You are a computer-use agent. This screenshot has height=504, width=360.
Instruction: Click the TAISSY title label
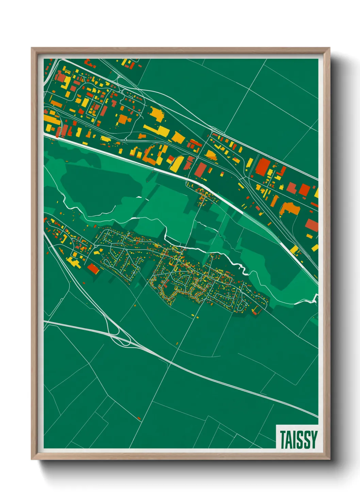pos(298,439)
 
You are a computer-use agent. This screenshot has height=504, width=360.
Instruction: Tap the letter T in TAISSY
pos(283,440)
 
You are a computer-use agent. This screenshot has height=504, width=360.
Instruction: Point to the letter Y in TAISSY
pos(313,440)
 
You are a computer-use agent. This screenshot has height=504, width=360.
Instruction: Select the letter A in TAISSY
pos(289,440)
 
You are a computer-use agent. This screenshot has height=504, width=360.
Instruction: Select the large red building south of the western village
pos(93,269)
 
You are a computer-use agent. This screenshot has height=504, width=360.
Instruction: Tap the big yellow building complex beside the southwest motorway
pos(72,262)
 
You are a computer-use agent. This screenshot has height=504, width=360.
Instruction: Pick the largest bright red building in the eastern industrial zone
pos(262,167)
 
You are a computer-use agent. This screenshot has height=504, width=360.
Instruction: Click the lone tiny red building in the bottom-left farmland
pos(139,418)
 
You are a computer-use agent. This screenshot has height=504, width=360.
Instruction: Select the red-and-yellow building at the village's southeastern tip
pos(256,311)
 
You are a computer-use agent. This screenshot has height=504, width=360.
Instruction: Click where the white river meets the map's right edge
pos(316,298)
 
